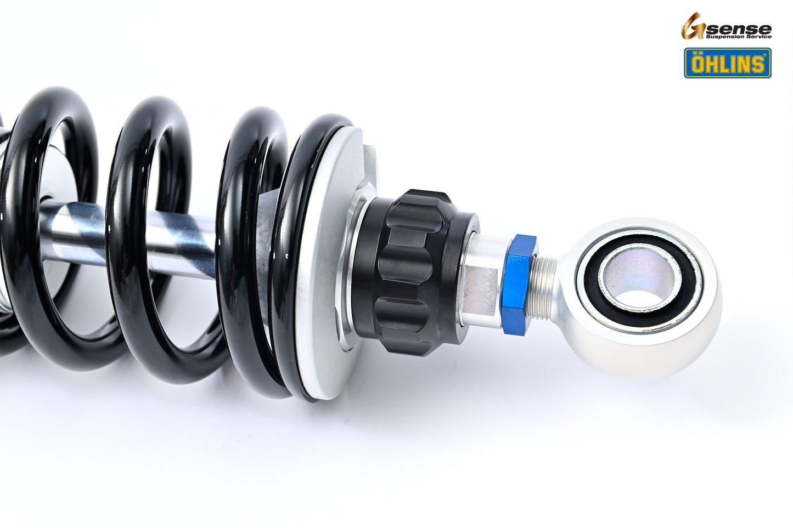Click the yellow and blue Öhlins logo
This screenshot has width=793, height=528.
727,63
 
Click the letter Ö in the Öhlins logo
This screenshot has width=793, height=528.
699,64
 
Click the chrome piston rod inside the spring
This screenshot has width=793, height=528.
181,241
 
